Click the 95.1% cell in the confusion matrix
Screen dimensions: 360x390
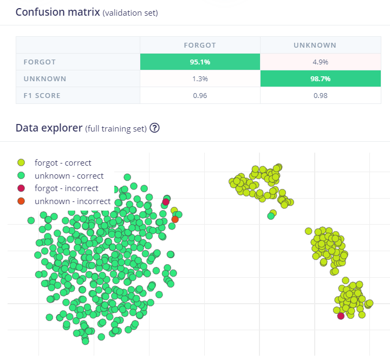[x=200, y=62]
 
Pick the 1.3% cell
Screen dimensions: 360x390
[x=200, y=78]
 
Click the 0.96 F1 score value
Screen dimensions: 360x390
[x=200, y=95]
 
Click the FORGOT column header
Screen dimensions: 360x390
[x=200, y=45]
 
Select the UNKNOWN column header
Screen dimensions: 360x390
[x=315, y=45]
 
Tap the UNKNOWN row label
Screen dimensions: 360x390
[x=45, y=78]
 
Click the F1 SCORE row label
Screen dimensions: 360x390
[x=42, y=95]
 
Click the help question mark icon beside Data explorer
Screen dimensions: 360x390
[x=154, y=128]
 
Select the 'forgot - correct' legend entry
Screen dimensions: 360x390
[x=63, y=162]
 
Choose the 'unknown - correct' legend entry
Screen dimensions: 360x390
[x=69, y=175]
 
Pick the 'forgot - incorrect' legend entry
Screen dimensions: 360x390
[x=66, y=188]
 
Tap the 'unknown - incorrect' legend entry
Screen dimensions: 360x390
[x=72, y=201]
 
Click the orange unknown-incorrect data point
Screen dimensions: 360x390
[x=175, y=219]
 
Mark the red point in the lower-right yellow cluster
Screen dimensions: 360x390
[x=341, y=316]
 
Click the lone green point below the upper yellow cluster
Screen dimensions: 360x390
[x=271, y=215]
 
